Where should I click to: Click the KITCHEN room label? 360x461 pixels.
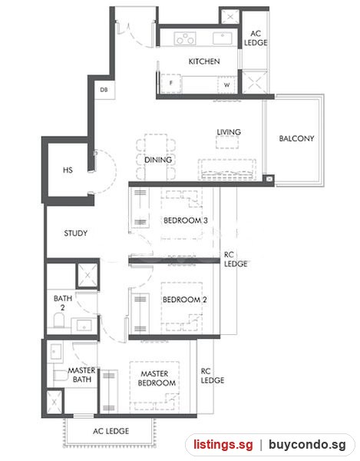(x=204, y=61)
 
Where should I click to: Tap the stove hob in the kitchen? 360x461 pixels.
(x=185, y=39)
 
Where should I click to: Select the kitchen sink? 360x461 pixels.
(x=223, y=38)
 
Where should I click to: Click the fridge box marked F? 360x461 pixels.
(x=171, y=84)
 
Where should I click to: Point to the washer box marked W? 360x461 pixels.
(x=226, y=85)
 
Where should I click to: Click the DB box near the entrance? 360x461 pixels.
(x=104, y=90)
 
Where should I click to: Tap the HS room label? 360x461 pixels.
(x=68, y=170)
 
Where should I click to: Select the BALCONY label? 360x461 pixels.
(x=296, y=138)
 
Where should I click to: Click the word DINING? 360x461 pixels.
(x=158, y=160)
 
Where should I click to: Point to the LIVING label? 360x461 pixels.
(x=229, y=132)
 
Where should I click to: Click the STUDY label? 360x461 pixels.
(x=76, y=234)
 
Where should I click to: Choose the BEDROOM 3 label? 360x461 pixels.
(x=186, y=221)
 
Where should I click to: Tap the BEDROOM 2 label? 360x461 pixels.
(x=185, y=300)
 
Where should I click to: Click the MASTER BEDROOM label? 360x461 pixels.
(x=157, y=378)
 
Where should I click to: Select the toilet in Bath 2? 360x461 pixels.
(x=59, y=320)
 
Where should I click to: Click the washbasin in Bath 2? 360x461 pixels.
(x=84, y=326)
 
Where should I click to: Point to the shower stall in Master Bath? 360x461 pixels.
(x=54, y=402)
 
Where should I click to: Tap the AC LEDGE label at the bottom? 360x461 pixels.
(x=111, y=431)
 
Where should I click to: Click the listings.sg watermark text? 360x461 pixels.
(x=223, y=445)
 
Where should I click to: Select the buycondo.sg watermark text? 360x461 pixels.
(x=308, y=445)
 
